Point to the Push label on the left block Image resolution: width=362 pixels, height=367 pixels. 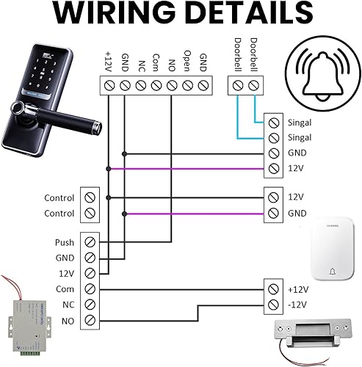click(x=64, y=242)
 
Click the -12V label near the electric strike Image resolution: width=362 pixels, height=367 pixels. click(x=297, y=304)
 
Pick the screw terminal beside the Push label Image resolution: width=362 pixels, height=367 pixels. click(x=90, y=242)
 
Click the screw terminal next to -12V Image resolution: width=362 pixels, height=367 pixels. click(x=273, y=304)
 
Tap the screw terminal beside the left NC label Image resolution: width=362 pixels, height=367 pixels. click(x=90, y=304)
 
